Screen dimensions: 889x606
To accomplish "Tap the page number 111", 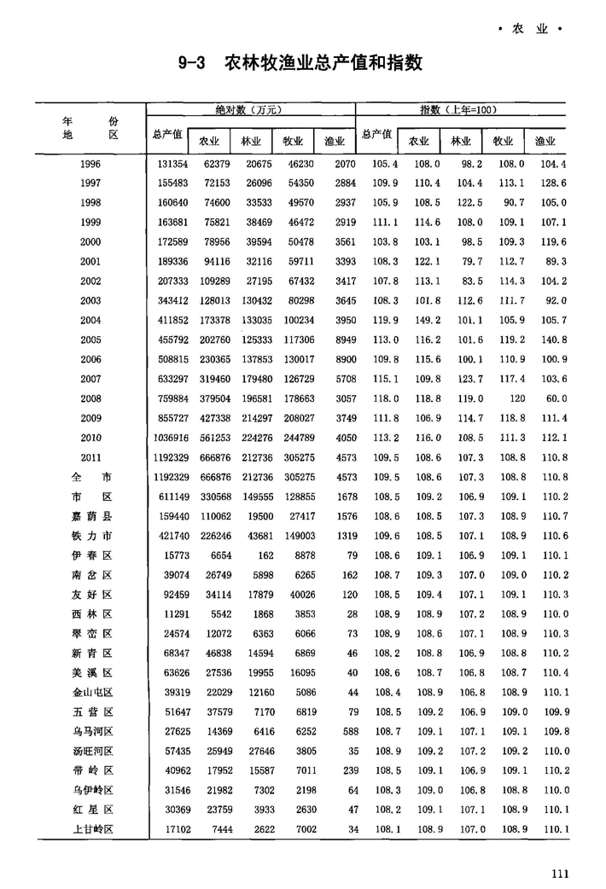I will coord(560,872).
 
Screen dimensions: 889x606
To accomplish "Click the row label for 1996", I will coord(90,164).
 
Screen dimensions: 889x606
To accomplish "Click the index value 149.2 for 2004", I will coord(418,321).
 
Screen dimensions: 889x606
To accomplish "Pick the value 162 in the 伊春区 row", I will coord(250,555).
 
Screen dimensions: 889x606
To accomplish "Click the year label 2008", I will coord(90,399).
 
